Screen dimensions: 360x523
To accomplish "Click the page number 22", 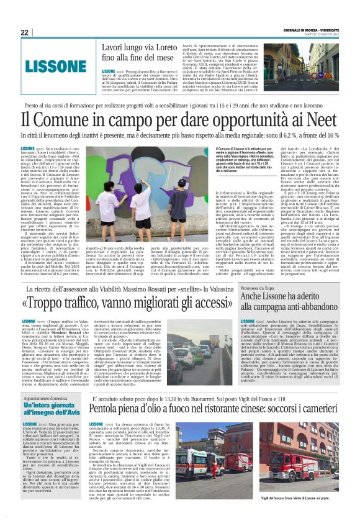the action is [x=24, y=32].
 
